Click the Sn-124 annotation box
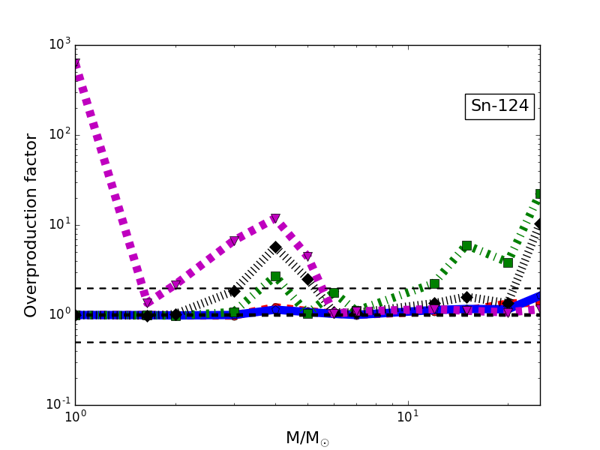click(499, 106)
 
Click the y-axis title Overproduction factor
click(31, 225)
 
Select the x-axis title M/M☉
click(307, 438)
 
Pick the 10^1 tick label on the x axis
click(407, 417)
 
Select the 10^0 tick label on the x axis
click(75, 417)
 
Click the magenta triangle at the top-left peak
click(76, 64)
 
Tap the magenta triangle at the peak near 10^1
click(275, 219)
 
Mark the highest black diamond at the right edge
click(539, 223)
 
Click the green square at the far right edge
click(539, 194)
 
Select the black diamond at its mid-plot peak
click(275, 247)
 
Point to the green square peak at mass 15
click(466, 245)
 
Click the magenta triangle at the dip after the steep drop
click(148, 303)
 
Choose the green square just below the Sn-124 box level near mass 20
click(508, 262)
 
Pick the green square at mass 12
click(434, 283)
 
